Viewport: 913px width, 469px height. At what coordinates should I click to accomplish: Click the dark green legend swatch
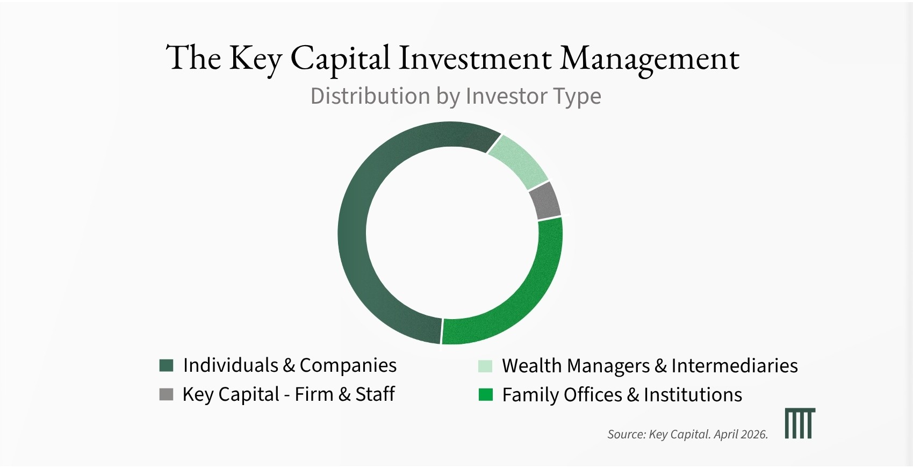coord(166,365)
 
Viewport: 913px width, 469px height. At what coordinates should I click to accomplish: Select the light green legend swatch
coord(485,365)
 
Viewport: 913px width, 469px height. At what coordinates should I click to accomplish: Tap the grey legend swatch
coord(166,394)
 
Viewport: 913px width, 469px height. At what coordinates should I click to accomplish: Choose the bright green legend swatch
coord(485,394)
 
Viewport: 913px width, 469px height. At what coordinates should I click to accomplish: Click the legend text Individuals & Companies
coord(290,365)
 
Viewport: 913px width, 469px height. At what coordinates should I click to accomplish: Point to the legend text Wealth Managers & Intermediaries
coord(650,365)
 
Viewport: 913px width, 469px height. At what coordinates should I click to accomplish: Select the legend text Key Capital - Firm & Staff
coord(289,394)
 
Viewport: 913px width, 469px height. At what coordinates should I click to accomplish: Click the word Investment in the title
coord(475,58)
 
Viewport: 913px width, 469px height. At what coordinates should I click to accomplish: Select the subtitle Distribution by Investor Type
coord(456,97)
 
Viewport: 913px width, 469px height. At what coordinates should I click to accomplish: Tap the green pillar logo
coord(800,423)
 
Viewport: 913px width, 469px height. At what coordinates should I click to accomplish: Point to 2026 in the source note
coord(754,435)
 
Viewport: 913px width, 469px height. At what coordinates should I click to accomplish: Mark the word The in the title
coord(193,58)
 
